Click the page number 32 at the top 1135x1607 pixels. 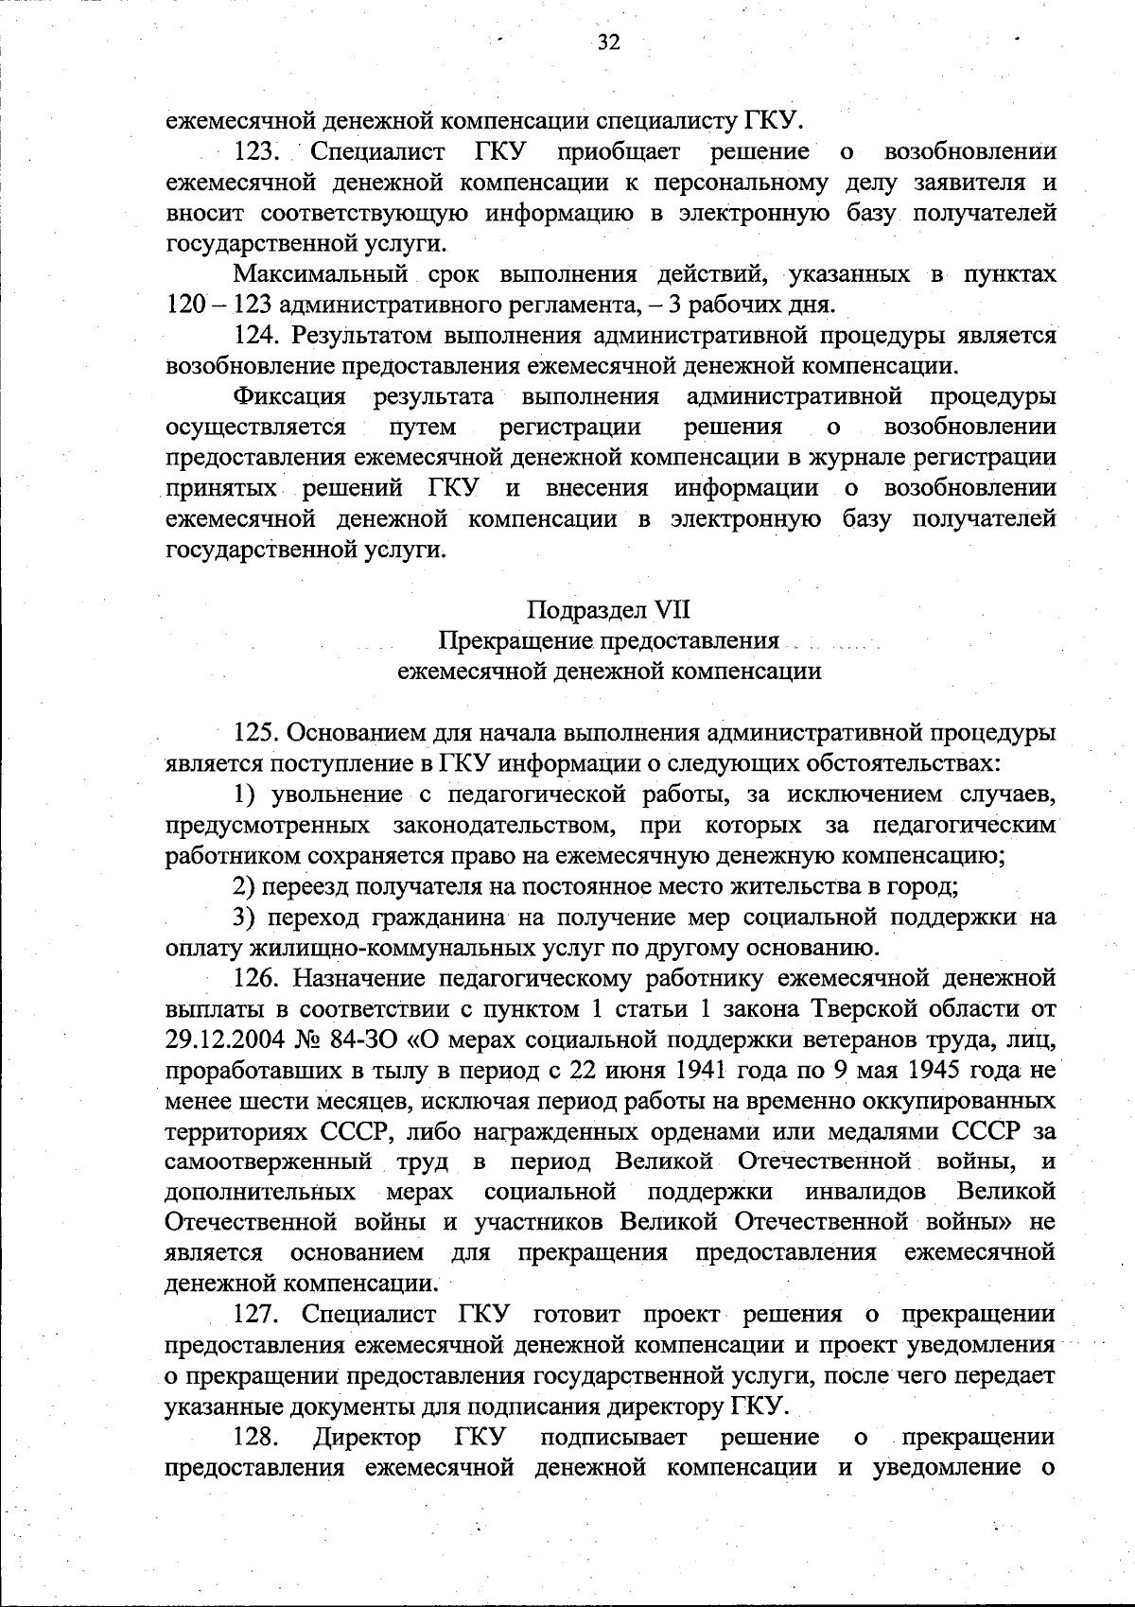(608, 44)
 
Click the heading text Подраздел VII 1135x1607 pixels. (608, 609)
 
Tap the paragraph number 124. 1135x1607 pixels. (257, 335)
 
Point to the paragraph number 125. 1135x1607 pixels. (257, 732)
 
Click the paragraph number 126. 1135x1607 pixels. (257, 977)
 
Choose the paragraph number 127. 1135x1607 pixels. (257, 1314)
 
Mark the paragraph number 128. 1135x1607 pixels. (257, 1437)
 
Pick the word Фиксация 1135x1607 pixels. (289, 396)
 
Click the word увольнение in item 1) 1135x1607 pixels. (328, 795)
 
